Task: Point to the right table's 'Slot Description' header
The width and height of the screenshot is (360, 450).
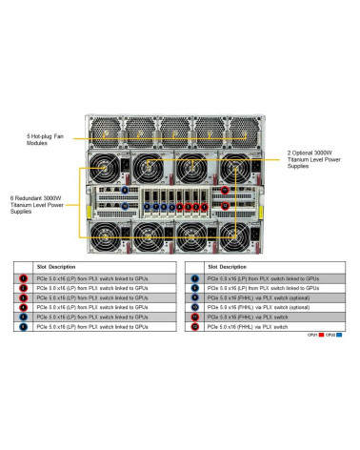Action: pyautogui.click(x=228, y=267)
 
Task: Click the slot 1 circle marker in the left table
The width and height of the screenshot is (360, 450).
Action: pyautogui.click(x=23, y=278)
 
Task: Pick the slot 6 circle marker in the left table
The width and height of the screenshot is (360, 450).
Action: pyautogui.click(x=23, y=326)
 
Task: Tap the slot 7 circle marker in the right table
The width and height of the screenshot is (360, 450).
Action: pyautogui.click(x=195, y=278)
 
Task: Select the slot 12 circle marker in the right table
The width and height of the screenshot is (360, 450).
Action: pyautogui.click(x=195, y=326)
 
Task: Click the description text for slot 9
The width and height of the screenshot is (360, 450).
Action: pyautogui.click(x=252, y=297)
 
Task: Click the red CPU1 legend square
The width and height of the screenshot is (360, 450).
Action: pyautogui.click(x=326, y=336)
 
